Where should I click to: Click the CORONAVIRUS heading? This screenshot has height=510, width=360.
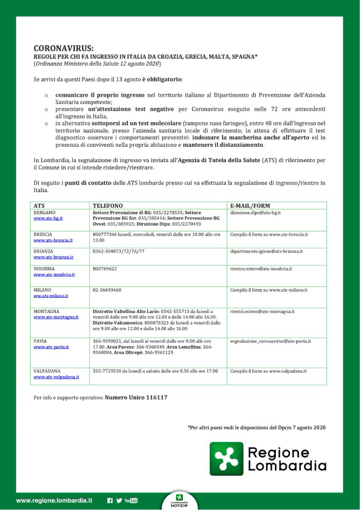pyautogui.click(x=64, y=48)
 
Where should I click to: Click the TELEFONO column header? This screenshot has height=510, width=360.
pyautogui.click(x=108, y=206)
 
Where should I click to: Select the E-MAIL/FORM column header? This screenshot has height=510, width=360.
pyautogui.click(x=249, y=206)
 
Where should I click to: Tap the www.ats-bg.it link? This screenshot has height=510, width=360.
pyautogui.click(x=48, y=219)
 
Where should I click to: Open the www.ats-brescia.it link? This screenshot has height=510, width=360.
pyautogui.click(x=53, y=240)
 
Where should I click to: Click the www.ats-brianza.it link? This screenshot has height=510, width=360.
pyautogui.click(x=53, y=257)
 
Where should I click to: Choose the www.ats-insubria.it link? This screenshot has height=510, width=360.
pyautogui.click(x=54, y=274)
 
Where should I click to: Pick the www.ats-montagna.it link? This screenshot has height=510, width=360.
pyautogui.click(x=56, y=317)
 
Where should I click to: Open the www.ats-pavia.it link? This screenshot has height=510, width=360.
pyautogui.click(x=51, y=347)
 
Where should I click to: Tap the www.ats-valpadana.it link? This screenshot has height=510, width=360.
pyautogui.click(x=56, y=377)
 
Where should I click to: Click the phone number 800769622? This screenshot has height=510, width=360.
pyautogui.click(x=105, y=269)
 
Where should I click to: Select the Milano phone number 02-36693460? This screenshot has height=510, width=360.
pyautogui.click(x=107, y=290)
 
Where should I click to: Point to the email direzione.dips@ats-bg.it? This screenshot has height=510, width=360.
pyautogui.click(x=256, y=212)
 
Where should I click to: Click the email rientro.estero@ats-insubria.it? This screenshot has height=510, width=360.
pyautogui.click(x=261, y=269)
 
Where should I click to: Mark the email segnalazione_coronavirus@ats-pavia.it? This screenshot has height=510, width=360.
pyautogui.click(x=270, y=341)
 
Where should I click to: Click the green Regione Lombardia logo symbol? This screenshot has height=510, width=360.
pyautogui.click(x=226, y=459)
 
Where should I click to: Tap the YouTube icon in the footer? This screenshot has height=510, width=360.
pyautogui.click(x=131, y=501)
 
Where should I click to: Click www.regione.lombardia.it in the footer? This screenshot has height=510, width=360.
pyautogui.click(x=54, y=501)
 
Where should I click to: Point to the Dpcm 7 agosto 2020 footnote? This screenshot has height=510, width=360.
pyautogui.click(x=257, y=428)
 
